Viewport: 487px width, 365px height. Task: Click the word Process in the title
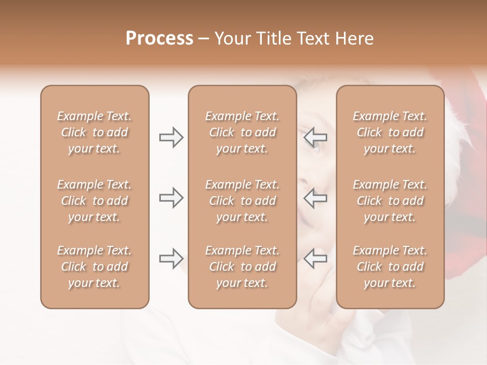click(159, 39)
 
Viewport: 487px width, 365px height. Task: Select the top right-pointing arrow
click(171, 137)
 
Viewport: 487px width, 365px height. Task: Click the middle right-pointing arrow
click(171, 198)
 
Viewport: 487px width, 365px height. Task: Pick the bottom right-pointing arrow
click(171, 259)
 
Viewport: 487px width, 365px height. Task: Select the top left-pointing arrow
click(316, 137)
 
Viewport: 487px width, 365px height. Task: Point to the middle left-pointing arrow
click(316, 198)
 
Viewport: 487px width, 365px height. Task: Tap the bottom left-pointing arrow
click(316, 259)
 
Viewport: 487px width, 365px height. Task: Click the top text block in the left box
click(94, 132)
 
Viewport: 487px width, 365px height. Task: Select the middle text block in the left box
click(94, 201)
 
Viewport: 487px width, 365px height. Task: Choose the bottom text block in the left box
click(94, 267)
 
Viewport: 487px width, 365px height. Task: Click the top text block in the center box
click(242, 132)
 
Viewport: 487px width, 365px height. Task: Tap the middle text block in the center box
click(242, 201)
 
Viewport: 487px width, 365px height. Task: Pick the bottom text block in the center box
click(242, 267)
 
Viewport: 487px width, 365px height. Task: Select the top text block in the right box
click(390, 132)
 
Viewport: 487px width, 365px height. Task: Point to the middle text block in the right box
click(390, 201)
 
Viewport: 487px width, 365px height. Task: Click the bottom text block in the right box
click(390, 267)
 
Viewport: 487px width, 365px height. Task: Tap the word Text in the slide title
click(313, 39)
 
